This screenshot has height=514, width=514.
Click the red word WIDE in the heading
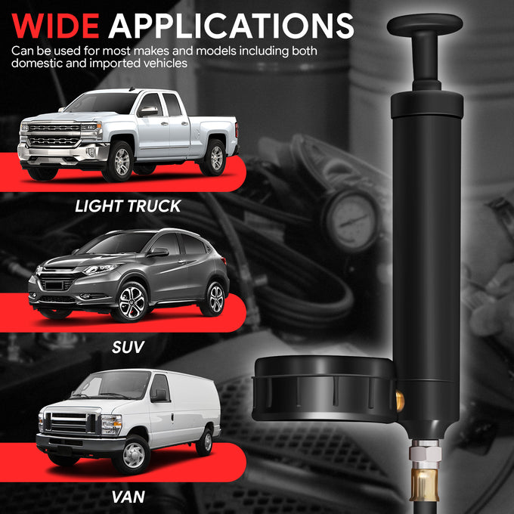[x=55, y=26]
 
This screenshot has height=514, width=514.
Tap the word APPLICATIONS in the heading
[x=231, y=26]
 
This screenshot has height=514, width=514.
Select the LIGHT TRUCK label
[x=128, y=206]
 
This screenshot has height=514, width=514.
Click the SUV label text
[x=128, y=347]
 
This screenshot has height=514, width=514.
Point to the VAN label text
[x=128, y=497]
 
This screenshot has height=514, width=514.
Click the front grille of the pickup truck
[x=54, y=135]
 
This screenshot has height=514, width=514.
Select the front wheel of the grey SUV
[x=131, y=302]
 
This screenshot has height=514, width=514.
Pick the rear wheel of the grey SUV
[x=215, y=298]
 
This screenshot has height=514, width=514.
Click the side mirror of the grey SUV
[x=159, y=252]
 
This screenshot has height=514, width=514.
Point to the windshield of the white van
[x=111, y=385]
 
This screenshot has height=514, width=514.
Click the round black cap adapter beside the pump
[x=324, y=389]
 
